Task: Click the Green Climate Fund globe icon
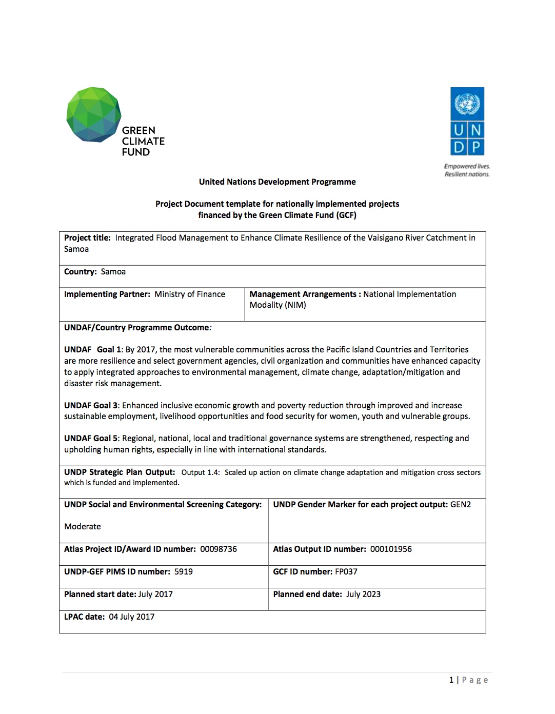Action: (94, 114)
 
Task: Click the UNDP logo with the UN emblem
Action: (467, 122)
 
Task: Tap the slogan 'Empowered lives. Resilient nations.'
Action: (467, 170)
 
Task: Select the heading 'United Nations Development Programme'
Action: (277, 182)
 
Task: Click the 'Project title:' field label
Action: (87, 238)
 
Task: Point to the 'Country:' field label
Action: (81, 272)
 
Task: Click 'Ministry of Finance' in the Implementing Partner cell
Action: (190, 294)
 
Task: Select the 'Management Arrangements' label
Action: (303, 294)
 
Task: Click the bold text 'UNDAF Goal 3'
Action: (91, 406)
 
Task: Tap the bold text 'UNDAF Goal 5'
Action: (91, 439)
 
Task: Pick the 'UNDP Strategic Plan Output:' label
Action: (120, 472)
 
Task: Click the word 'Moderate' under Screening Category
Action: (83, 527)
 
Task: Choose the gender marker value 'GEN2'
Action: (461, 505)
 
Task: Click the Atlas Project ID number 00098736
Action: (219, 549)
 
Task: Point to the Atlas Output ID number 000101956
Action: (391, 549)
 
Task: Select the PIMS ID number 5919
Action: (184, 572)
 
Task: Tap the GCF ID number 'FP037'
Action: (346, 572)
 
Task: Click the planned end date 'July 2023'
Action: (363, 594)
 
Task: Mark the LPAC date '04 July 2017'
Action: (132, 617)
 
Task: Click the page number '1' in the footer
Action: (451, 680)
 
